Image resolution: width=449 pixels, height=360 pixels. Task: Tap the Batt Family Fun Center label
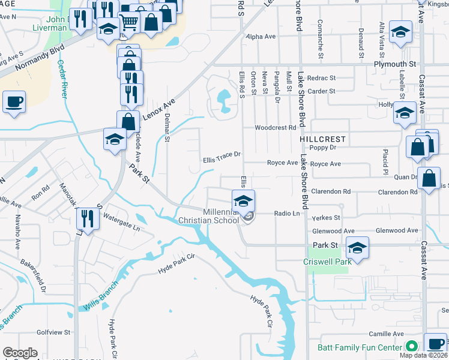pyautogui.click(x=359, y=347)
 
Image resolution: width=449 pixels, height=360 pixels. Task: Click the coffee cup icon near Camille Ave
pyautogui.click(x=435, y=344)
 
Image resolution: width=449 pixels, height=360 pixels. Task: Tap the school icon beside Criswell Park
pyautogui.click(x=357, y=248)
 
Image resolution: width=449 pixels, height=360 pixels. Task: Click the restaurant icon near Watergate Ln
pyautogui.click(x=88, y=219)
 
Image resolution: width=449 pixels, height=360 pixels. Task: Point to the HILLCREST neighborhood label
pyautogui.click(x=322, y=139)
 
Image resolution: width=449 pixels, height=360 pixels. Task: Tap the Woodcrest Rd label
pyautogui.click(x=275, y=128)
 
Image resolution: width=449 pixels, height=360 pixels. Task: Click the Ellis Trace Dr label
pyautogui.click(x=221, y=154)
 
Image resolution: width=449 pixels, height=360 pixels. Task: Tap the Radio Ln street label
pyautogui.click(x=287, y=214)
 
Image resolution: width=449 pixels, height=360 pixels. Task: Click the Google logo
pyautogui.click(x=20, y=353)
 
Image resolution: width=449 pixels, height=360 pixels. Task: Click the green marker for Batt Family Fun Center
pyautogui.click(x=411, y=347)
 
